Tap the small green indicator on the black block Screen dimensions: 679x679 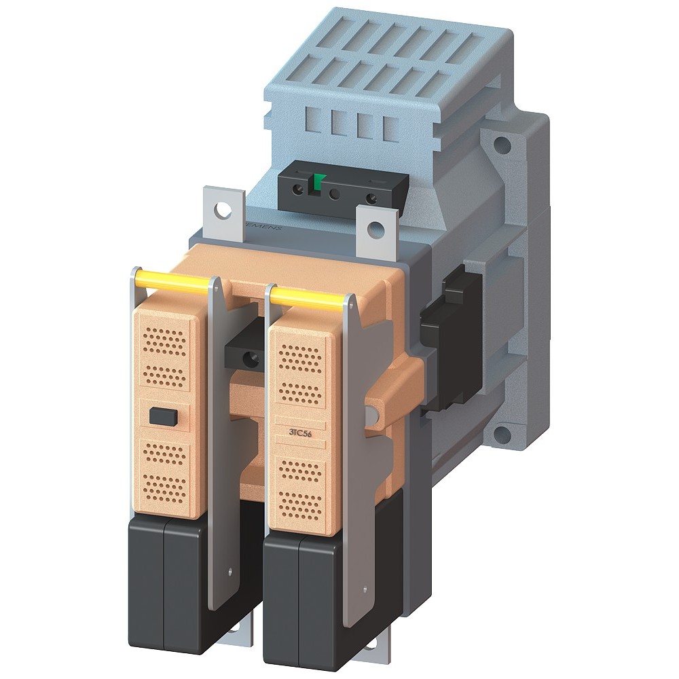(x=317, y=182)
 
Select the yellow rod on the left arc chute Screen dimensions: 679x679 (x=172, y=280)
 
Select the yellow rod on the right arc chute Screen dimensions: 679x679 (x=309, y=297)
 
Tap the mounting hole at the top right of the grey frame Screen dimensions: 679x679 (x=501, y=145)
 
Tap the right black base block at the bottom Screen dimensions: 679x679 (x=299, y=591)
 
